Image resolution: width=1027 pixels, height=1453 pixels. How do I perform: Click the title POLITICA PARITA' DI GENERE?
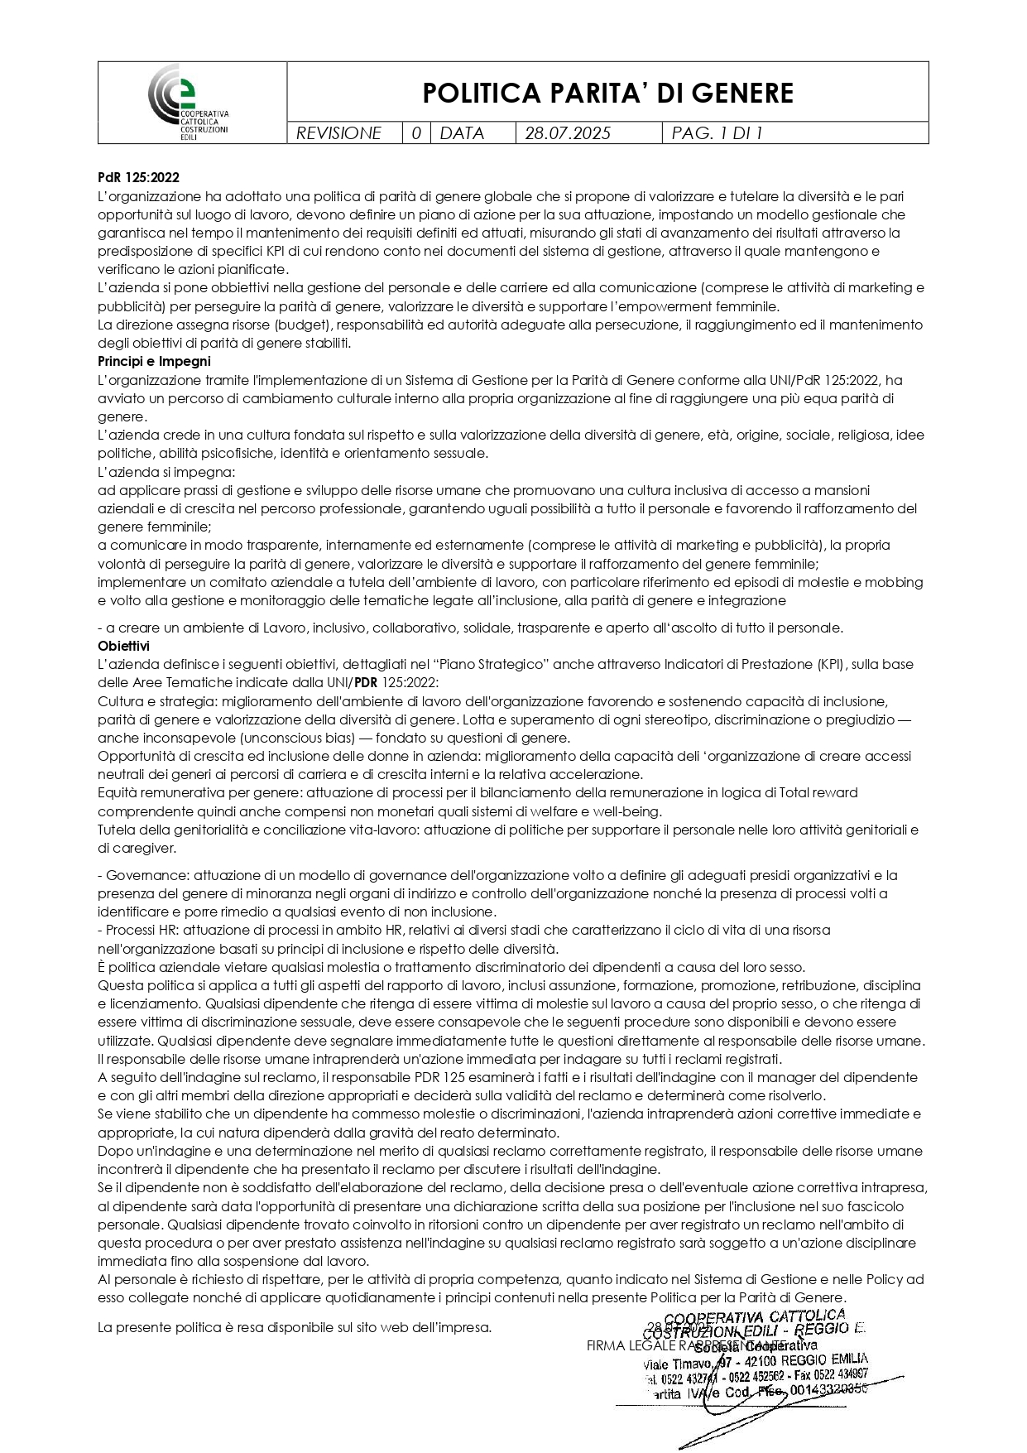pyautogui.click(x=607, y=93)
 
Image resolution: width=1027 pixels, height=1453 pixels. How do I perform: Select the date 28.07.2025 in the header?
pyautogui.click(x=568, y=133)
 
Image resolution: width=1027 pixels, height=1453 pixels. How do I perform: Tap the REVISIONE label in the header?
pyautogui.click(x=338, y=133)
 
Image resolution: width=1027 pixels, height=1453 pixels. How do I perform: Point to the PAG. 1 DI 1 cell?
pyautogui.click(x=717, y=133)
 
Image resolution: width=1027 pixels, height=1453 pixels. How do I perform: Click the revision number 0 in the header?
pyautogui.click(x=416, y=133)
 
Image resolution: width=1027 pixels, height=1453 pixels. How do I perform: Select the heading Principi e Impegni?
pyautogui.click(x=154, y=362)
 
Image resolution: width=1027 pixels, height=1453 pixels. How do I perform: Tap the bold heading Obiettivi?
pyautogui.click(x=123, y=646)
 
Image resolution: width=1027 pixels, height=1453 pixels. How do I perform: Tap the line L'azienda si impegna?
pyautogui.click(x=166, y=472)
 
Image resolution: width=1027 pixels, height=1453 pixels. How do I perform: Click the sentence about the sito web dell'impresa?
pyautogui.click(x=294, y=1327)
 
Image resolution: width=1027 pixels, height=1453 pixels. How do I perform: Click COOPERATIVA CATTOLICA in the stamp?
pyautogui.click(x=754, y=1316)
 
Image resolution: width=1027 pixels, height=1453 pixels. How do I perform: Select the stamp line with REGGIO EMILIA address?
pyautogui.click(x=755, y=1362)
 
